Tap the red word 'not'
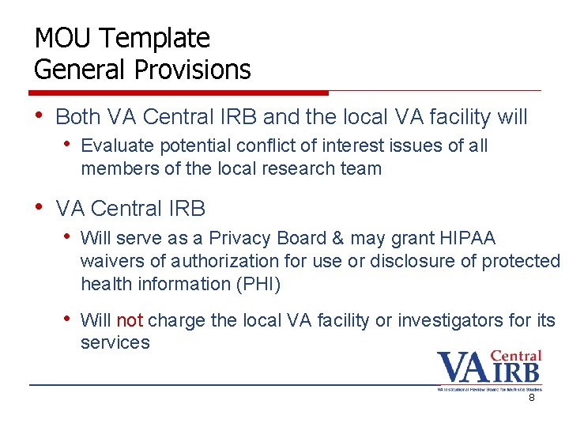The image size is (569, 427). tap(130, 320)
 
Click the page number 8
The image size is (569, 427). tap(532, 398)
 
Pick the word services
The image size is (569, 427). tap(115, 342)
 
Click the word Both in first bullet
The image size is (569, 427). tap(78, 117)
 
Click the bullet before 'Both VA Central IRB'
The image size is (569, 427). tap(40, 116)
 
